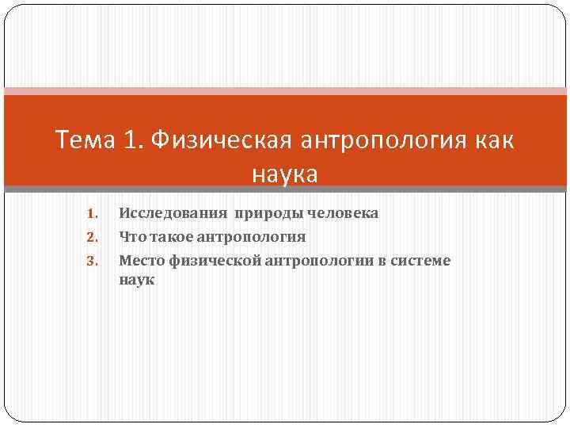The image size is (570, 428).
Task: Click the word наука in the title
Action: click(285, 174)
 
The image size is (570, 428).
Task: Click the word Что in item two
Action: click(131, 236)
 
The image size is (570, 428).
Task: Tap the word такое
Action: click(169, 236)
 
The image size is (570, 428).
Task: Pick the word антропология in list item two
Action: click(252, 237)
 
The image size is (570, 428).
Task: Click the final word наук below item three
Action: click(137, 279)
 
